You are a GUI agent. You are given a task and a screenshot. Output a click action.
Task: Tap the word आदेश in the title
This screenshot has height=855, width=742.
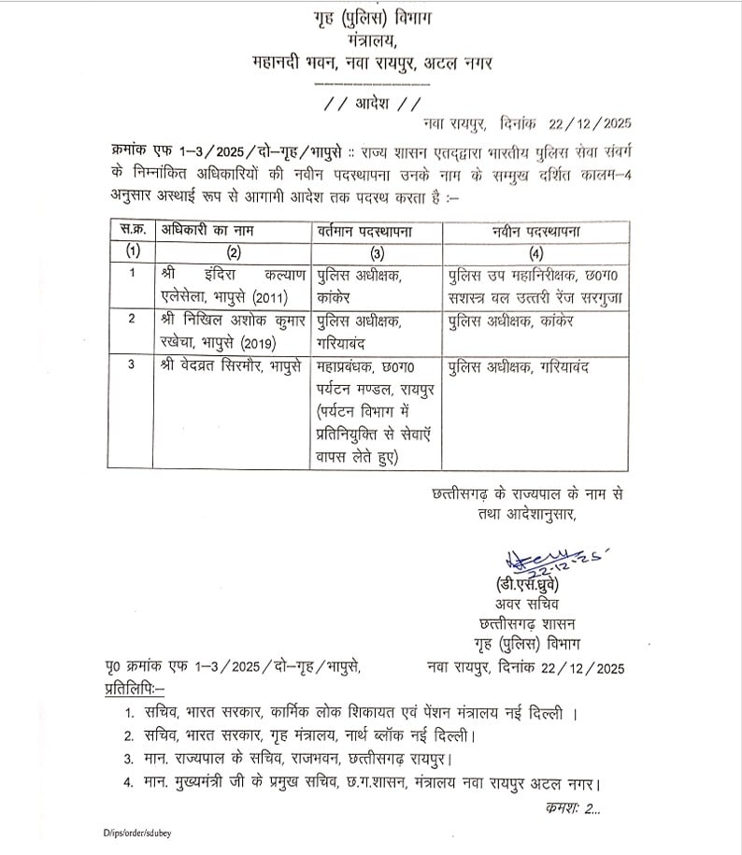pos(370,103)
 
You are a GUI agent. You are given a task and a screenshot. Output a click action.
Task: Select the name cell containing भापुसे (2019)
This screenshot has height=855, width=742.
pos(231,330)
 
